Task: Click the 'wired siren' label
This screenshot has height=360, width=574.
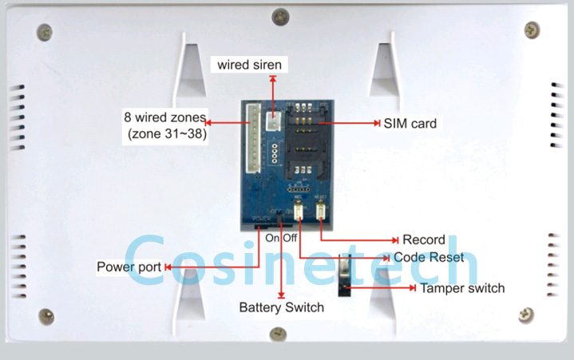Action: pos(250,65)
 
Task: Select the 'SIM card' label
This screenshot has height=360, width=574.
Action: pos(410,124)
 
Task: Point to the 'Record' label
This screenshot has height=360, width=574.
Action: pos(424,239)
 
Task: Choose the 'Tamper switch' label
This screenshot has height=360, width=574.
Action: pos(461,288)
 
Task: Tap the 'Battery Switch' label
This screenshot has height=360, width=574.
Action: pos(282,307)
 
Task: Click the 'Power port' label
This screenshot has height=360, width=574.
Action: pos(129,267)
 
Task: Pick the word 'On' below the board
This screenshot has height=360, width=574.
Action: pos(272,238)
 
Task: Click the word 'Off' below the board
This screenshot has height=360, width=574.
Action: pos(289,238)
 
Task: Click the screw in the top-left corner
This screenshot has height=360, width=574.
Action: pos(46,32)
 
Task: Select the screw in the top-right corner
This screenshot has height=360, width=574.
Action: pos(532,30)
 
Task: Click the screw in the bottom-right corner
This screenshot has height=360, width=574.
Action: pos(526,314)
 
